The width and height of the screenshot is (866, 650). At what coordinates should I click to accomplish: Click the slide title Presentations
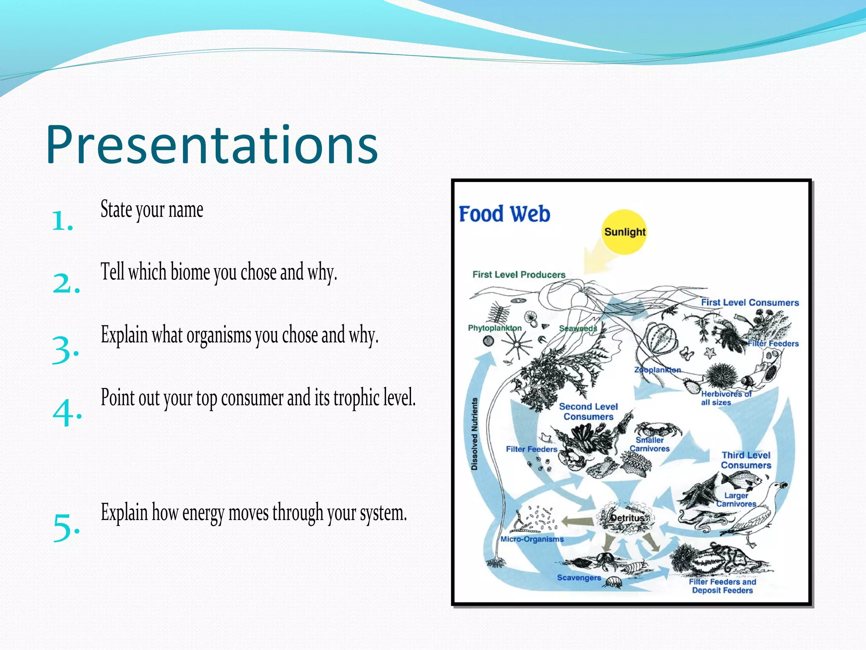[211, 145]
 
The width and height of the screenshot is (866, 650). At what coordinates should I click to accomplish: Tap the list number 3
[65, 350]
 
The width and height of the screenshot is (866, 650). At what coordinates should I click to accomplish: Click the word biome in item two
[190, 272]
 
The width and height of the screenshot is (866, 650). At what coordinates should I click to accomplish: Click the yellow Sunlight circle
[624, 231]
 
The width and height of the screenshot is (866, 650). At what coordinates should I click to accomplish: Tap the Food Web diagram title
[504, 214]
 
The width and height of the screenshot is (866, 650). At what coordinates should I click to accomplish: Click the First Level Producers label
[518, 275]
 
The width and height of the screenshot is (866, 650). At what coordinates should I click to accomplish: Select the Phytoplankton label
[494, 328]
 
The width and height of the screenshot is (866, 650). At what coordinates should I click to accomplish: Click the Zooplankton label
[657, 370]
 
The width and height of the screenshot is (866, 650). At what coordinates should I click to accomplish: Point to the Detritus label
[627, 518]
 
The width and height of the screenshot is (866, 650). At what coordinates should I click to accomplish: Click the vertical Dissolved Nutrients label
[474, 434]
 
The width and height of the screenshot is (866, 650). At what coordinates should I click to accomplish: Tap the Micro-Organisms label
[532, 539]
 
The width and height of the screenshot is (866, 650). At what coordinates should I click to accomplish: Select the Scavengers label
[579, 578]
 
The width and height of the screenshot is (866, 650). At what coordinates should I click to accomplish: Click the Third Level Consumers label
[746, 460]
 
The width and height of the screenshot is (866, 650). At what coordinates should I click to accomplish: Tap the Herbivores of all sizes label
[726, 398]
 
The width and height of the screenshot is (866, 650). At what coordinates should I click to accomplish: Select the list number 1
[62, 221]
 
